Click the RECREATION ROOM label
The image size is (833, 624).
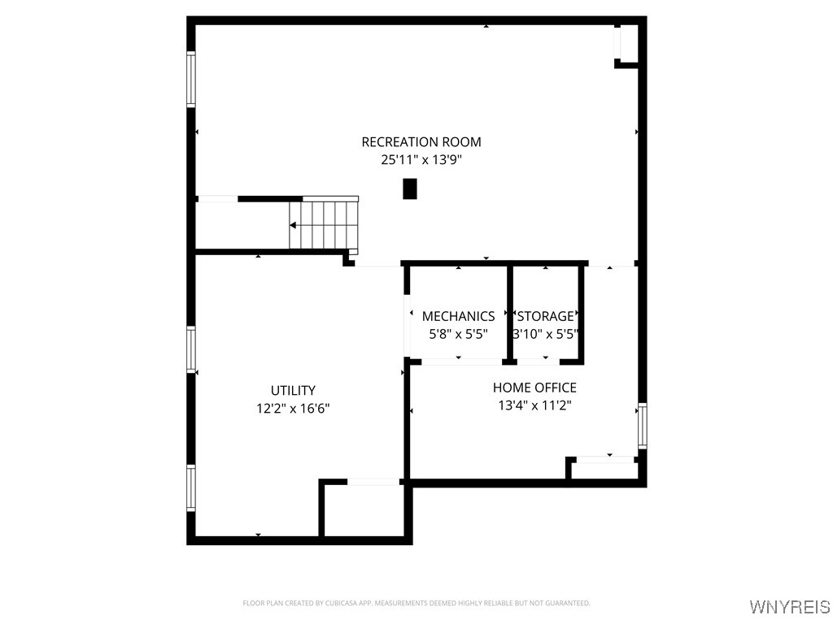coord(421,142)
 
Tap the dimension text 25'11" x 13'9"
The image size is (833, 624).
coord(421,160)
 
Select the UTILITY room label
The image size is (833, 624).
coord(293,391)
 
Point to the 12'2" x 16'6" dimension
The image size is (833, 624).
coord(293,409)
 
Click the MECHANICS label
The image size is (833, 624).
coord(458,316)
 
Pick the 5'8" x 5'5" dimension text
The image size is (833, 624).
coord(458,333)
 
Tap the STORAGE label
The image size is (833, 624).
coord(545,316)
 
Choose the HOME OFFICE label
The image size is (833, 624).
coord(534,388)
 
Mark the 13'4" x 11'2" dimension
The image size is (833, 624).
coord(534,405)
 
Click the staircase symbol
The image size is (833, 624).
coord(324,225)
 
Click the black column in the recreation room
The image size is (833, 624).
coord(410,188)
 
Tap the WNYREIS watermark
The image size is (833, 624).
coord(789,607)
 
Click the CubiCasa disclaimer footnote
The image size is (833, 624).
coord(416,603)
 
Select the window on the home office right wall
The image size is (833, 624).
coord(642,426)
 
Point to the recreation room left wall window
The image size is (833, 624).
coord(191,79)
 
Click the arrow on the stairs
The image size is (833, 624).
coord(294,225)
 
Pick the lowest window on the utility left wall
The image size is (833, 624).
coord(191,487)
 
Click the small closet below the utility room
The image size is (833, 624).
coord(364,509)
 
